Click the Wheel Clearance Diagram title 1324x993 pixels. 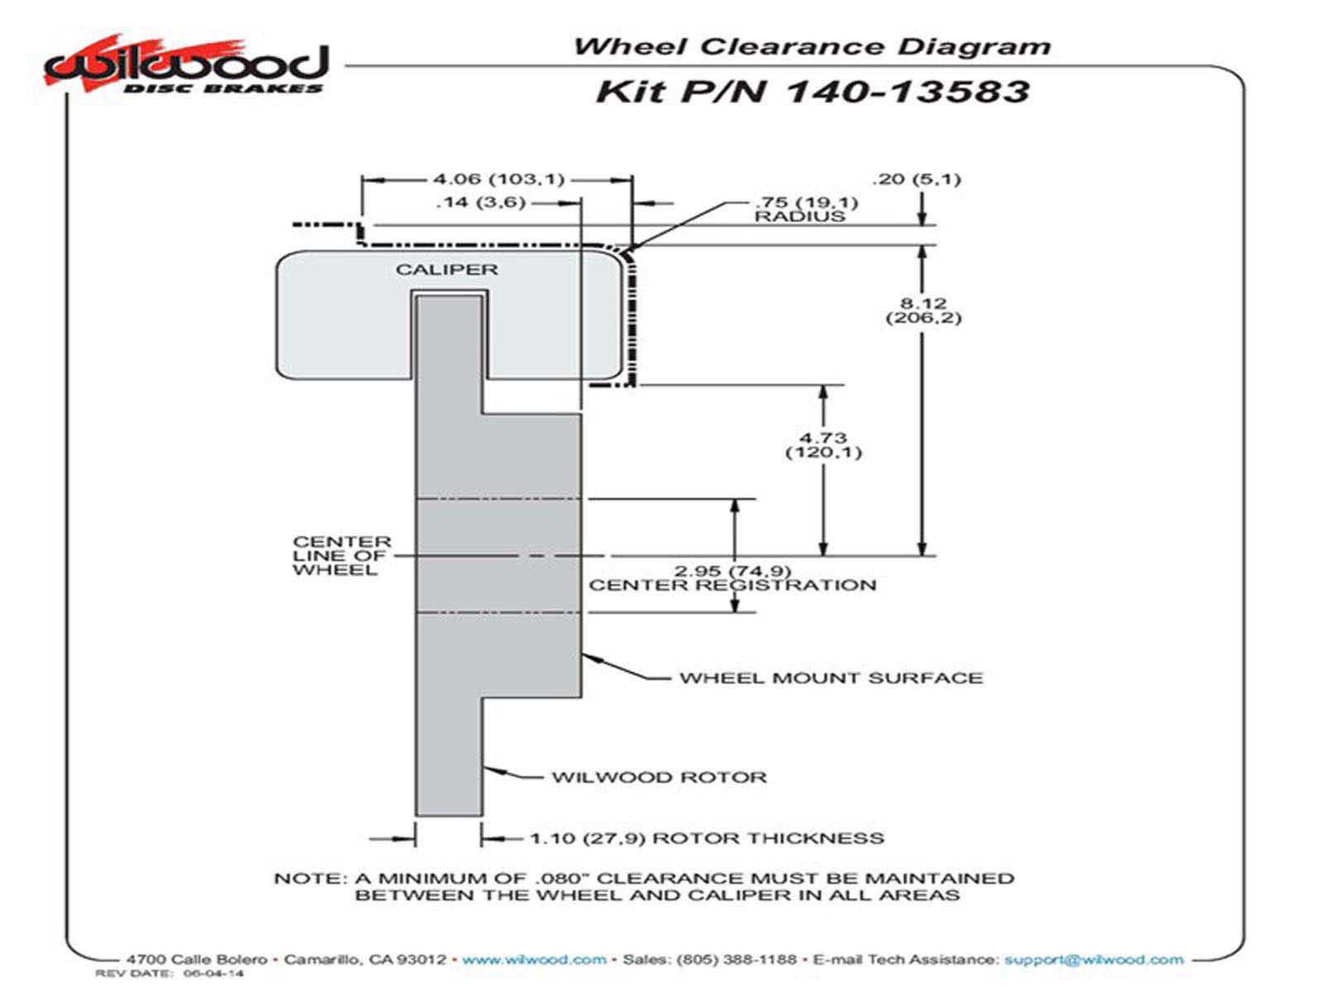pos(812,46)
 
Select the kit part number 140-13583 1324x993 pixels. pos(905,90)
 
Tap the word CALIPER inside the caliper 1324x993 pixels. pos(447,270)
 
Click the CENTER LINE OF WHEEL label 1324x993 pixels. pos(341,556)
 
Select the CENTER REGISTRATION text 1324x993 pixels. pos(732,586)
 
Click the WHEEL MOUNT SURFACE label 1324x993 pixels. pos(831,679)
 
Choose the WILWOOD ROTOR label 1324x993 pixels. pos(660,778)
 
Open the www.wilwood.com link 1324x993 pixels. pos(534,960)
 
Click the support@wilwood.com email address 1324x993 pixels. pos(1093,960)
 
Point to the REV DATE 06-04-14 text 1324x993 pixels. pos(170,974)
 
